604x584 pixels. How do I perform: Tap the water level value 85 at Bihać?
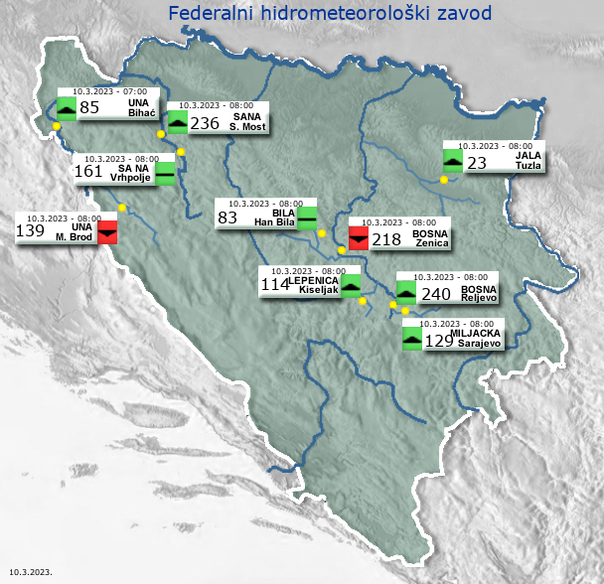coord(89,107)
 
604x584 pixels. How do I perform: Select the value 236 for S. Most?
coord(205,123)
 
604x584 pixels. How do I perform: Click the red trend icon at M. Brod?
coord(107,231)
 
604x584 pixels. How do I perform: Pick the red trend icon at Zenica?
coord(359,238)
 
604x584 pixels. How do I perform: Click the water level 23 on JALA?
coord(477,163)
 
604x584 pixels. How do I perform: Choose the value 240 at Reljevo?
coord(436,294)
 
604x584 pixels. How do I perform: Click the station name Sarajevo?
coord(480,343)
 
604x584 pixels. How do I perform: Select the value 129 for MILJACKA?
coord(439,341)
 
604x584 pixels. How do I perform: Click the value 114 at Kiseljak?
coord(274,285)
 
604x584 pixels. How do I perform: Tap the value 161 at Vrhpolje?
coord(88,171)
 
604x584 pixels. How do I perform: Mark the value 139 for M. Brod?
coord(30,231)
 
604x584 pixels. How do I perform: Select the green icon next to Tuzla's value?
coord(452,161)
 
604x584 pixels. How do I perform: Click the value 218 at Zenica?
coord(386,239)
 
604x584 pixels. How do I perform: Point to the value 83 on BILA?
coord(227,217)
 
